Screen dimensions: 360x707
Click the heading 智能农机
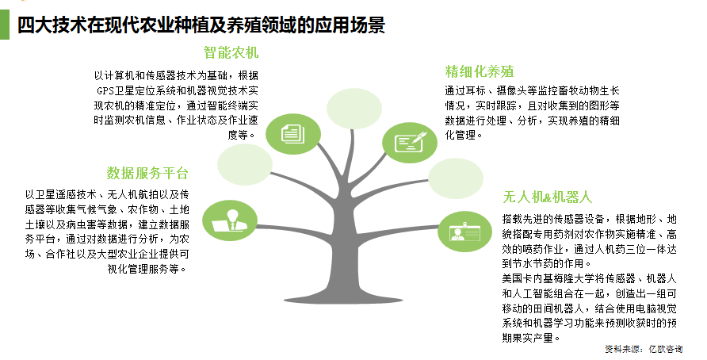(x=231, y=53)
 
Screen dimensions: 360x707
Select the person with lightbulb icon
(x=231, y=220)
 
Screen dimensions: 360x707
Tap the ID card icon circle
(x=462, y=232)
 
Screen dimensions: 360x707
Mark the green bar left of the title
(x=6, y=24)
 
